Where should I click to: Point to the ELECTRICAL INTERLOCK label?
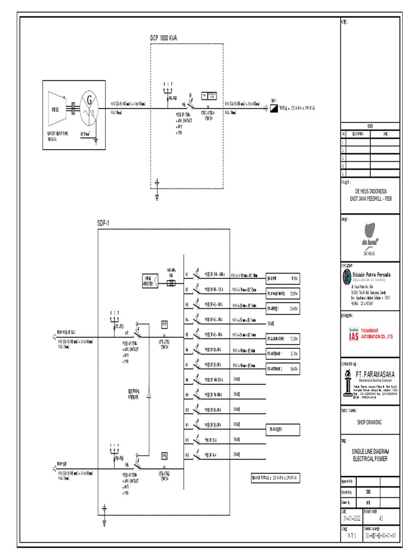pyautogui.click(x=134, y=394)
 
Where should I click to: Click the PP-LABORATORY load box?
pyautogui.click(x=282, y=338)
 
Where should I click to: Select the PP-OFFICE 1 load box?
pyautogui.click(x=282, y=308)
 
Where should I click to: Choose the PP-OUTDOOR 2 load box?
pyautogui.click(x=282, y=369)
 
